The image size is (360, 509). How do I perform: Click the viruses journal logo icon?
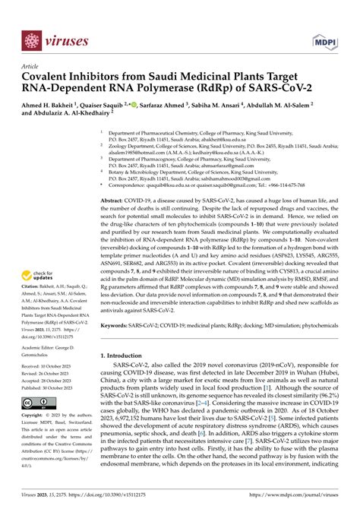tap(31, 39)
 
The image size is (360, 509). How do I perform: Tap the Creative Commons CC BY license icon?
tap(36, 400)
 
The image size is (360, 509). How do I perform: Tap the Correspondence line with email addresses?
tap(213, 183)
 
